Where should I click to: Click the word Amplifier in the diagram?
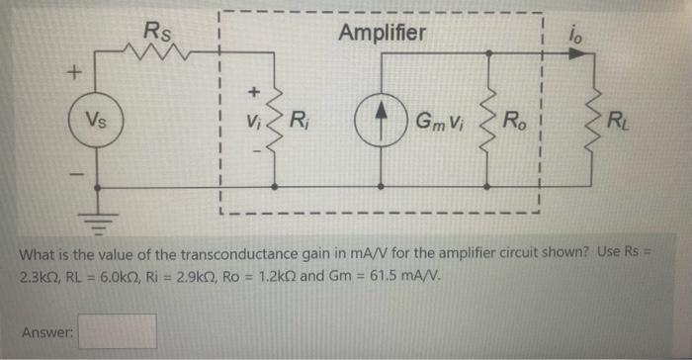(x=383, y=33)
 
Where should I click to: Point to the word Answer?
(x=46, y=332)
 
